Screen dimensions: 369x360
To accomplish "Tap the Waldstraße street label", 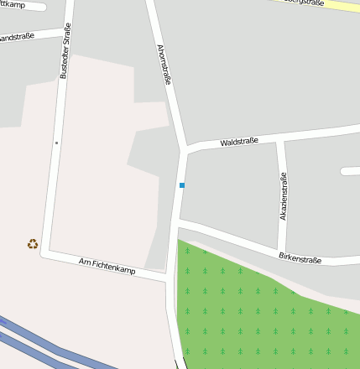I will click(x=239, y=142).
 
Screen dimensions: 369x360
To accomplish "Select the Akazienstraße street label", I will click(x=284, y=196).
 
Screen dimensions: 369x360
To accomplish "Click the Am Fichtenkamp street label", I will click(x=107, y=266).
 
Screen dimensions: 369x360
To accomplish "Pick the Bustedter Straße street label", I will click(x=65, y=50).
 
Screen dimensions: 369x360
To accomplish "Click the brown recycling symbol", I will click(x=32, y=244).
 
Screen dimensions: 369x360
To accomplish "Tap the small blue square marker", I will click(x=182, y=184).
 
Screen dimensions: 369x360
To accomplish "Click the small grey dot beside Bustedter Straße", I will click(x=56, y=143).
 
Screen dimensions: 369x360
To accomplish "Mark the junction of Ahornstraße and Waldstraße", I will click(x=182, y=151).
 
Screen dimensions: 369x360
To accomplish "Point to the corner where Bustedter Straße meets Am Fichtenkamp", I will click(x=45, y=252).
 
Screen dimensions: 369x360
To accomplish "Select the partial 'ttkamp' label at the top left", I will click(x=13, y=5).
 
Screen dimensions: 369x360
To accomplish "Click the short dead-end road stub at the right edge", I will click(x=351, y=171).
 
